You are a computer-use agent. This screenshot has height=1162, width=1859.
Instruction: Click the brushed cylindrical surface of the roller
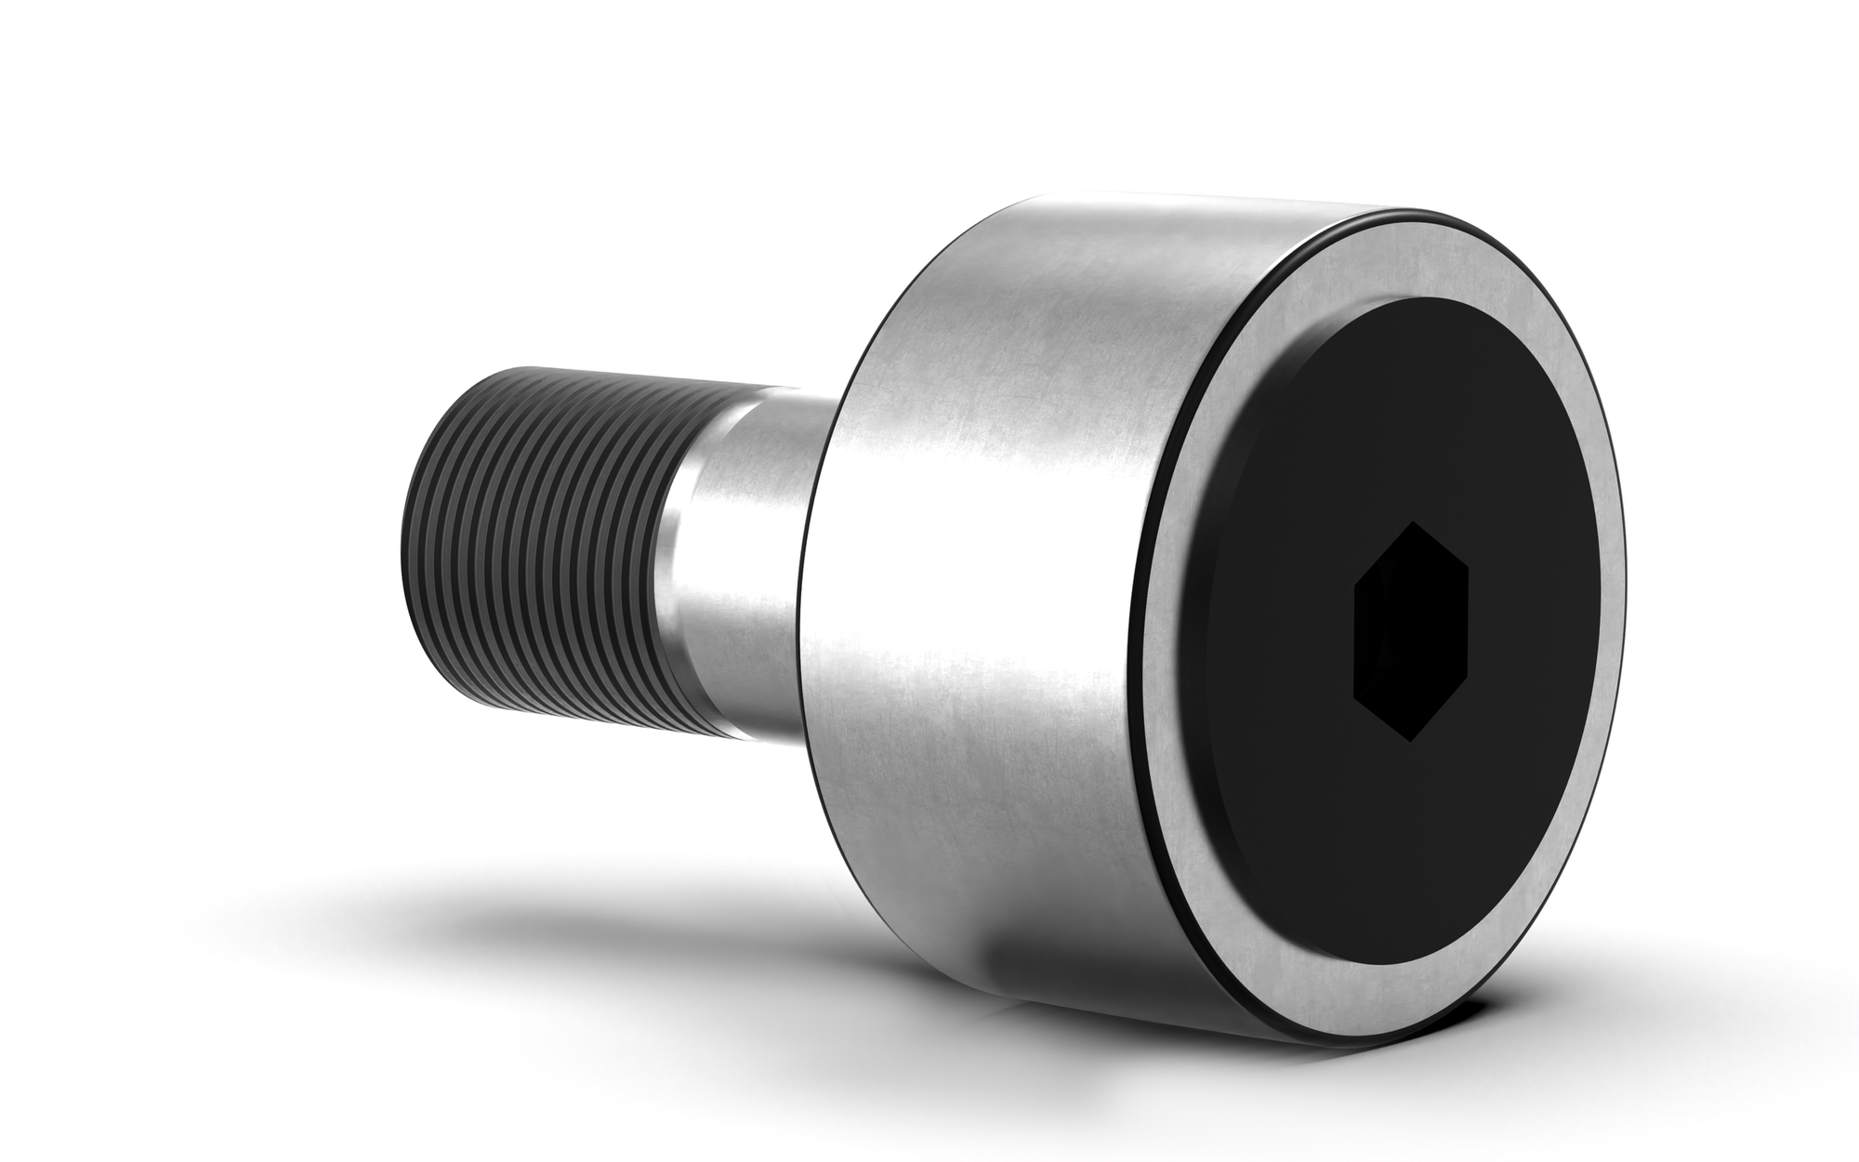976,558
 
